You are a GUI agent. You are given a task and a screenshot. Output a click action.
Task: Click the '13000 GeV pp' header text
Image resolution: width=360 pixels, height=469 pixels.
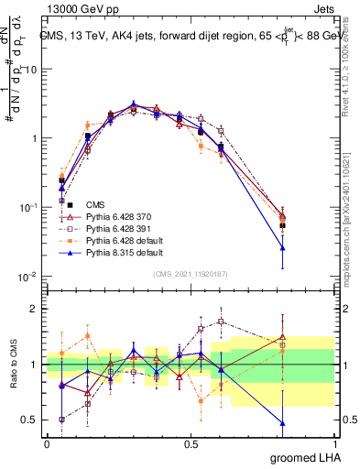coord(79,8)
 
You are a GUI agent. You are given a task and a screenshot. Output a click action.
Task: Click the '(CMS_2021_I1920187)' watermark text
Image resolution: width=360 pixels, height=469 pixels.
coord(191,274)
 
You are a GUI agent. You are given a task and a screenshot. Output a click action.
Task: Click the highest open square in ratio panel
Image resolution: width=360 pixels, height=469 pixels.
coord(221,322)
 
